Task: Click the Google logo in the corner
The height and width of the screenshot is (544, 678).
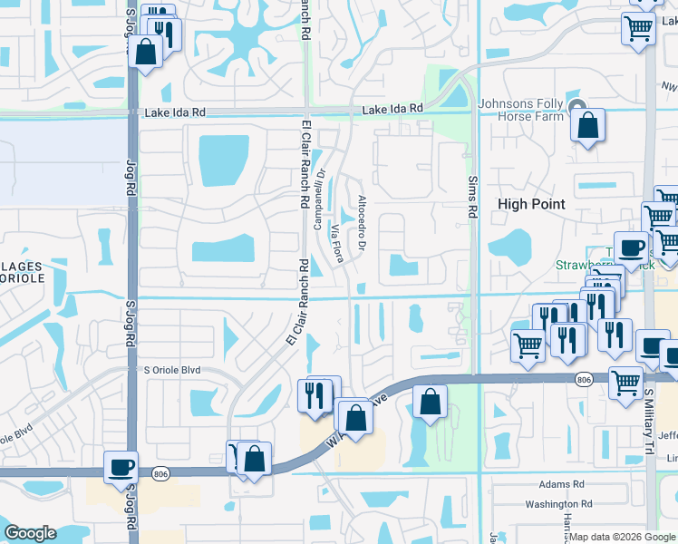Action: [x=31, y=533]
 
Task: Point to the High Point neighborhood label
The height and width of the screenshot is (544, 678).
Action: [x=531, y=205]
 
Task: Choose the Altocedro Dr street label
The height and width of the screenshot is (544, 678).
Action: [x=362, y=223]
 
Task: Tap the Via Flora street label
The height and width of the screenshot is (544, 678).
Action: [x=340, y=243]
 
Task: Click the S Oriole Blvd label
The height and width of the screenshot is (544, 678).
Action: [x=172, y=371]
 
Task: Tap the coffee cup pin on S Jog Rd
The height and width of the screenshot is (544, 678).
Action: [x=121, y=469]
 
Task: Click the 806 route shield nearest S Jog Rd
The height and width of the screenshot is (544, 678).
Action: [x=161, y=472]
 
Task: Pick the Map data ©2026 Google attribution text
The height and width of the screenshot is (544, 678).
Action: [x=622, y=536]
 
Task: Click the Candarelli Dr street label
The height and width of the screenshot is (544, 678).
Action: [x=318, y=200]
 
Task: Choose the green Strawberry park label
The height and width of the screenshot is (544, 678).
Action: [x=598, y=266]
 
